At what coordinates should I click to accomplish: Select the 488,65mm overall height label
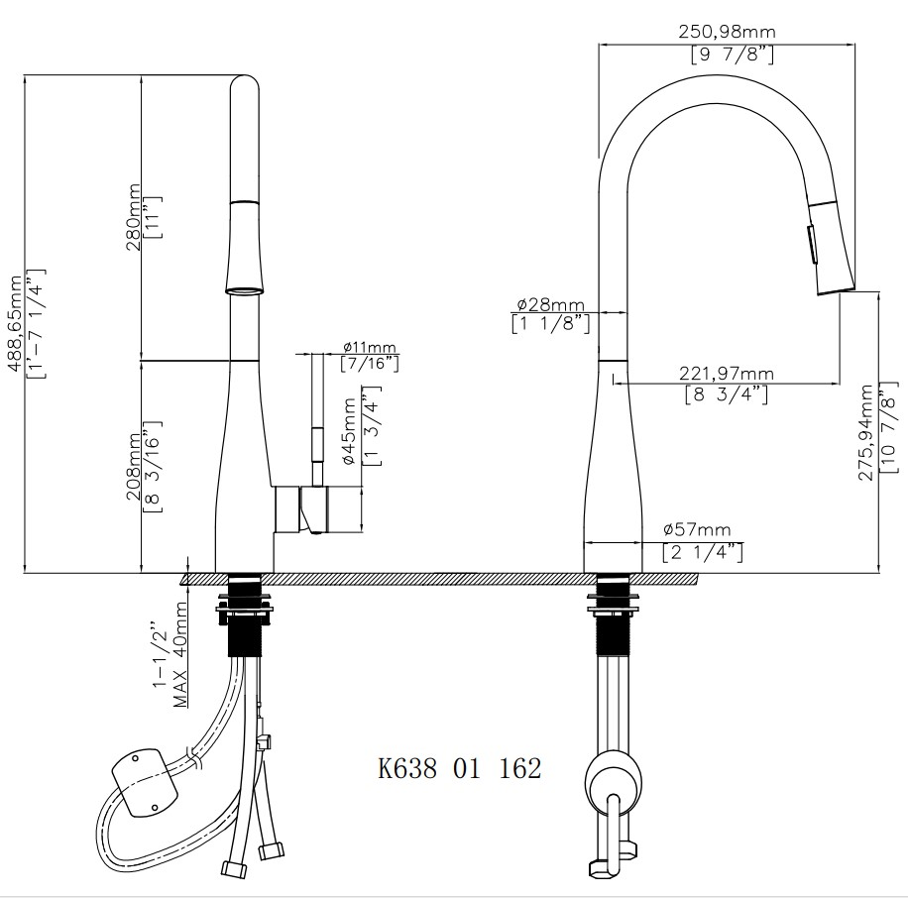(x=14, y=323)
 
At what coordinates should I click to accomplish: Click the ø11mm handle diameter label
(x=370, y=347)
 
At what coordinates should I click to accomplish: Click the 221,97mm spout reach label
(x=726, y=374)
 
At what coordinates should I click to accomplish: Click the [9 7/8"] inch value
(x=732, y=55)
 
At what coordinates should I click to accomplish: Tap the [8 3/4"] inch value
(x=726, y=394)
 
